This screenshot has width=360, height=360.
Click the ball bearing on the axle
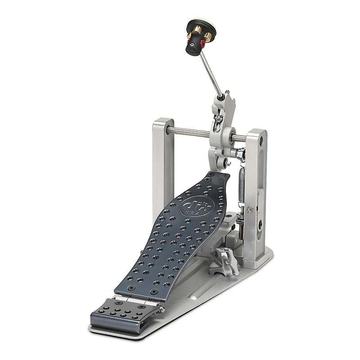click(x=230, y=135)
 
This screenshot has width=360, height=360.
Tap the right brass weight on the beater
click(x=208, y=36)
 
